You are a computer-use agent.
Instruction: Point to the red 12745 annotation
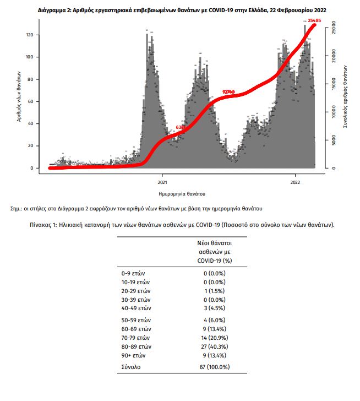tap(229, 91)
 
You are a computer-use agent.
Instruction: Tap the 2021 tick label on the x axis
tap(162, 182)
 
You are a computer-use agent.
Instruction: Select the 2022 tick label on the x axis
tap(295, 182)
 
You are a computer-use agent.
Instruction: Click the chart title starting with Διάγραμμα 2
tap(179, 10)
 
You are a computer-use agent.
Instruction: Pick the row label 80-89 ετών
tap(136, 347)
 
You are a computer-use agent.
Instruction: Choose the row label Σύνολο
tap(131, 366)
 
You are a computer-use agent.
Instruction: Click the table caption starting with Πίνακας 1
tap(182, 225)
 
